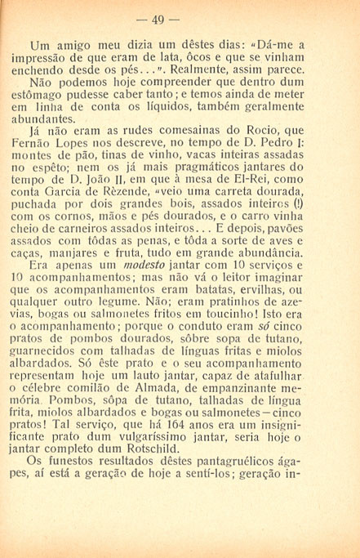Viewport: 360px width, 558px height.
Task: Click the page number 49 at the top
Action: (x=180, y=19)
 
